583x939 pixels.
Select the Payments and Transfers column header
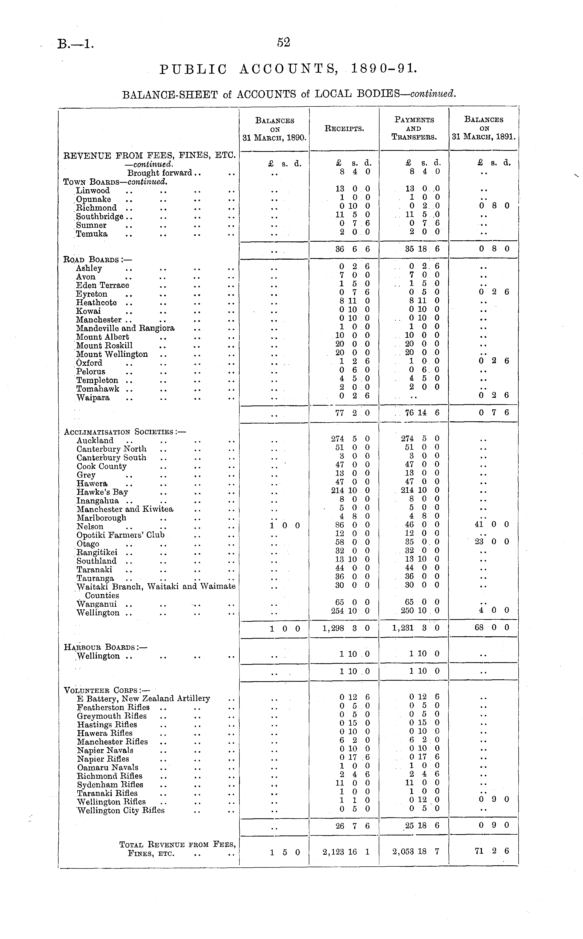[x=414, y=128]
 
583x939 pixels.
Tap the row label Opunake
[x=93, y=199]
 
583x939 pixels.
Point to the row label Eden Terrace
[x=103, y=286]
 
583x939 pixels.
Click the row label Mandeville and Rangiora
[x=125, y=328]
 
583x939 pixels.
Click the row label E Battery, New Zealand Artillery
[x=143, y=699]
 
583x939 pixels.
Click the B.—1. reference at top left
[x=75, y=45]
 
